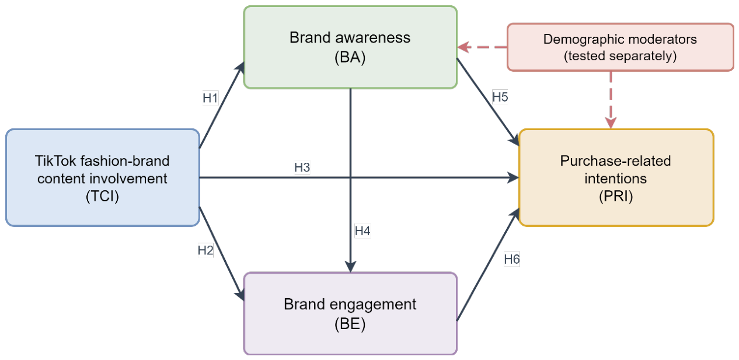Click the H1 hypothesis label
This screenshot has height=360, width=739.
[210, 98]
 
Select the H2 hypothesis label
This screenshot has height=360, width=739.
[205, 250]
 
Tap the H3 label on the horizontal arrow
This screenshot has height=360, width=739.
[302, 167]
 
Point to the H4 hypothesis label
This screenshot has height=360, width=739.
[362, 231]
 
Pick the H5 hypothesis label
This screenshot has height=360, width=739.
[500, 97]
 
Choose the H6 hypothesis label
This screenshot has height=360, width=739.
[512, 260]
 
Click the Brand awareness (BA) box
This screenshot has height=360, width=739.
[350, 47]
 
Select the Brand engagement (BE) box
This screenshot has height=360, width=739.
[350, 313]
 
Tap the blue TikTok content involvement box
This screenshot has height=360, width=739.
[103, 178]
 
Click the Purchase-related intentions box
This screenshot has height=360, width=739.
[616, 178]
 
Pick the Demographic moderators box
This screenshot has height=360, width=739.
[621, 47]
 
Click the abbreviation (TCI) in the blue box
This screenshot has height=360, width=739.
[102, 197]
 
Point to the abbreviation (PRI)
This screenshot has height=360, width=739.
[616, 197]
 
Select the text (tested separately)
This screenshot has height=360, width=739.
[621, 55]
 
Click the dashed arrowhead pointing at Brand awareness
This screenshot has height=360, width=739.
[464, 47]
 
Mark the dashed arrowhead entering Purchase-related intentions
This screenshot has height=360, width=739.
[611, 123]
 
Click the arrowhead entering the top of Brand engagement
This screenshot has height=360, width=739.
[350, 267]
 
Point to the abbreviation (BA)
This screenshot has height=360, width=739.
[350, 57]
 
